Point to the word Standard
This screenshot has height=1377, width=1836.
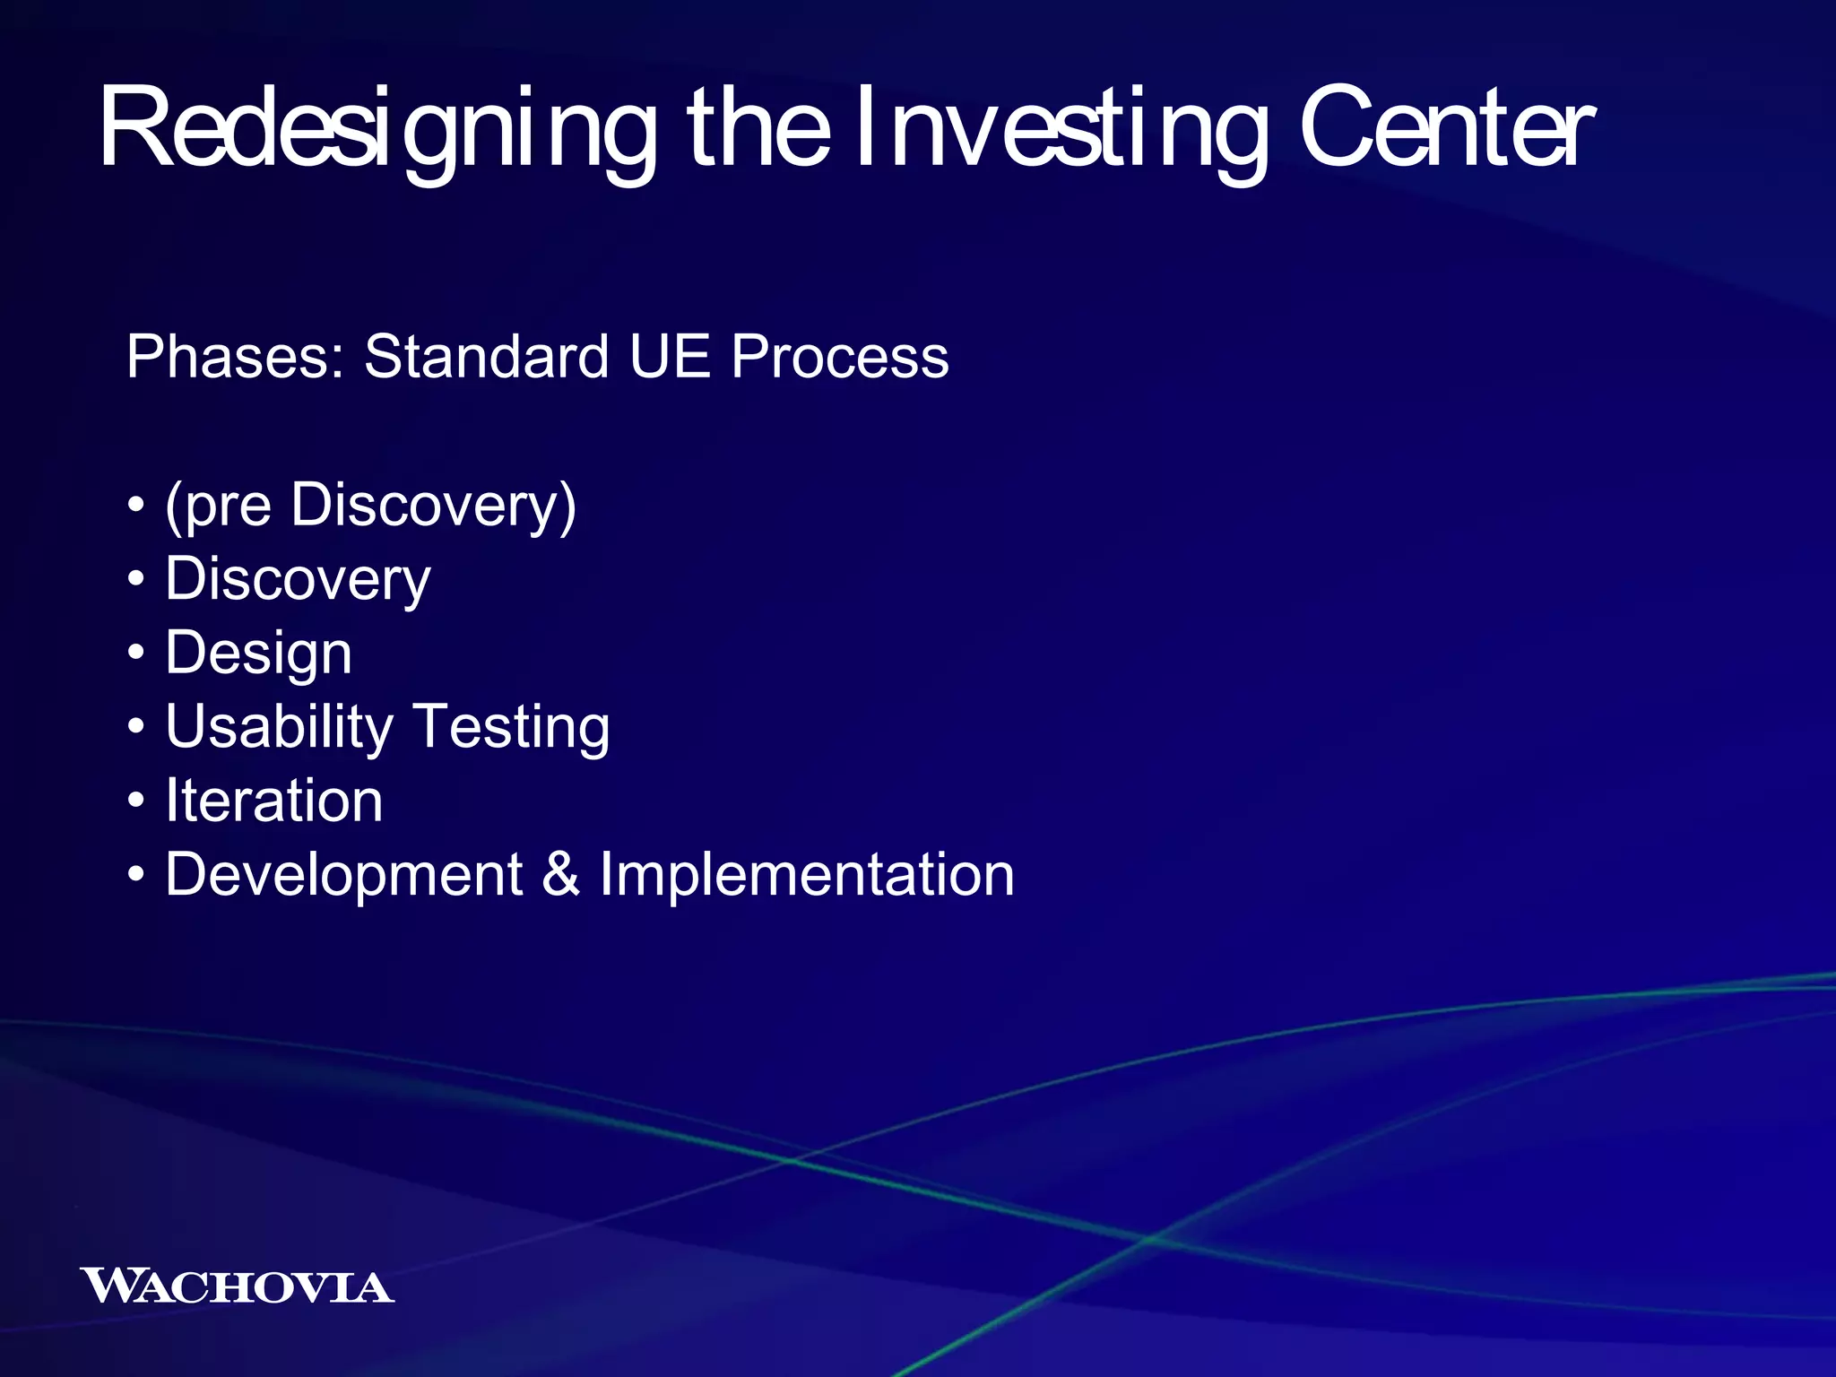click(x=486, y=357)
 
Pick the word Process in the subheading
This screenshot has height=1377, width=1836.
click(x=839, y=357)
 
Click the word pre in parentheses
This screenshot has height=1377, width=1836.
click(x=228, y=507)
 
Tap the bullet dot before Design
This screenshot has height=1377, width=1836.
click(x=135, y=654)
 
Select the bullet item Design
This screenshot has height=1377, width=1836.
click(x=258, y=654)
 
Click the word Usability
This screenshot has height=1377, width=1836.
click(x=279, y=727)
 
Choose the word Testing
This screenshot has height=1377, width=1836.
click(x=511, y=727)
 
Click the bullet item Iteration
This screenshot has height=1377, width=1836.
click(x=273, y=801)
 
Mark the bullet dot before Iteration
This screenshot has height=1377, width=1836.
click(x=135, y=801)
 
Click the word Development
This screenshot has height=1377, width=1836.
click(x=343, y=875)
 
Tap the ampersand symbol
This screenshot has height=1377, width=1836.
click(x=560, y=875)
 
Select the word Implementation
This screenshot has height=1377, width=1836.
click(x=806, y=875)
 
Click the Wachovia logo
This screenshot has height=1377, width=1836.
click(x=237, y=1286)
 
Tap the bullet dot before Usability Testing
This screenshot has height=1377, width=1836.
click(x=135, y=727)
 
